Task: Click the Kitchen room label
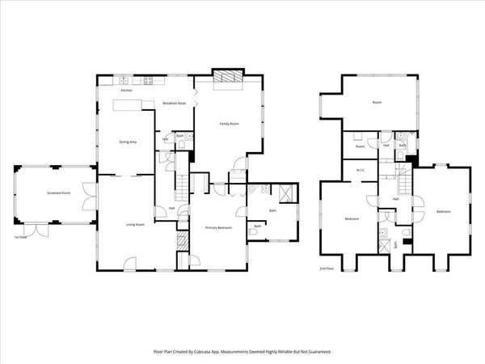[126, 91]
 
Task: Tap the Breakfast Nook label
[175, 104]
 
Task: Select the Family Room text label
[230, 124]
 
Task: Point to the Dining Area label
[127, 142]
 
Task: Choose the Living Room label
[134, 224]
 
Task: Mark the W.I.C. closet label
[362, 170]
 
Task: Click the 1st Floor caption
[20, 237]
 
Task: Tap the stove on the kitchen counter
[149, 79]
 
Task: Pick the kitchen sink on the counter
[124, 79]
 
